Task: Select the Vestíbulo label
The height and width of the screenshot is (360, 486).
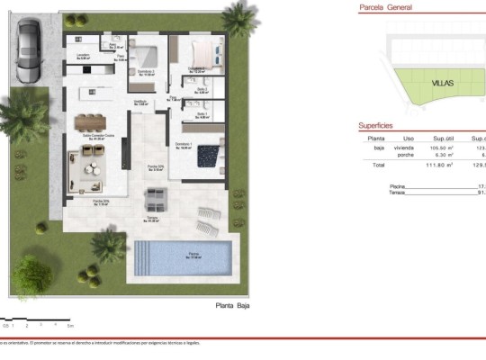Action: click(x=141, y=102)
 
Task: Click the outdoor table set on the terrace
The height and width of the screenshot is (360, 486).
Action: click(x=157, y=197)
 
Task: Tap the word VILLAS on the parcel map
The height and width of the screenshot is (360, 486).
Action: click(x=442, y=83)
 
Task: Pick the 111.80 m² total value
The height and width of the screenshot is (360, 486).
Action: click(x=439, y=166)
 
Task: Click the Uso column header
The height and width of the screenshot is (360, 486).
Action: click(x=408, y=139)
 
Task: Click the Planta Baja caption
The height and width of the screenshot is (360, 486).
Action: click(x=231, y=305)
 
